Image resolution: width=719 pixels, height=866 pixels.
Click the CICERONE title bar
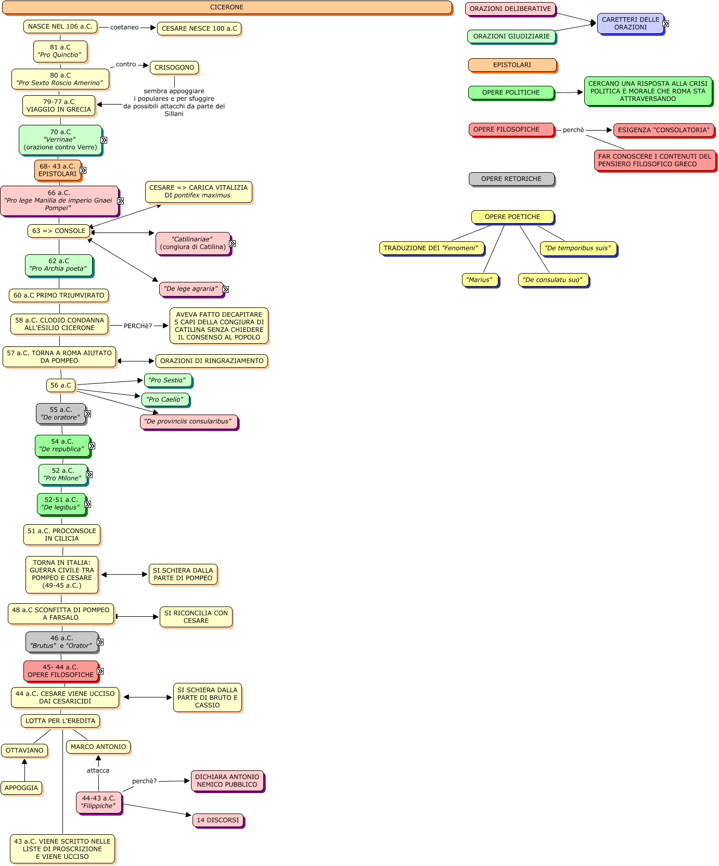(227, 7)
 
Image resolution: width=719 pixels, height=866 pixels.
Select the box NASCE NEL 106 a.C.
(60, 27)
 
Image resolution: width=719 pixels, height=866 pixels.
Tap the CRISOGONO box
(174, 68)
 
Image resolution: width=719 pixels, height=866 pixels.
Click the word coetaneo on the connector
(124, 28)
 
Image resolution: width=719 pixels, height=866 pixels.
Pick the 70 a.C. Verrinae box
(60, 140)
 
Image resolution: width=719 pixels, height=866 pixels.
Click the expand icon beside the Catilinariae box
(233, 243)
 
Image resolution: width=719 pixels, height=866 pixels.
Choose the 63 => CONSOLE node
(59, 231)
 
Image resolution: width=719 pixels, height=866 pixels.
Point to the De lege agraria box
(191, 289)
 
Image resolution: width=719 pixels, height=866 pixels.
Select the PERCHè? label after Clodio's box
(138, 326)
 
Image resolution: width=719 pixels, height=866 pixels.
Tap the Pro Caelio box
(165, 399)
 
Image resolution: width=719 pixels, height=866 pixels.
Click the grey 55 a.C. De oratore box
(60, 413)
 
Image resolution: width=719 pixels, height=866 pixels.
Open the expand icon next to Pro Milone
(89, 474)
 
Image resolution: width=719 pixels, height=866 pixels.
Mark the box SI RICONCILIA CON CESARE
(196, 617)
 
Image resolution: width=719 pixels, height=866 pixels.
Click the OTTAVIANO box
(24, 751)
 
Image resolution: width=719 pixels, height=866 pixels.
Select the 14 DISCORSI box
(218, 820)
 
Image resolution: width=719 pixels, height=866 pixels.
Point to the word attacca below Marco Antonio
(98, 771)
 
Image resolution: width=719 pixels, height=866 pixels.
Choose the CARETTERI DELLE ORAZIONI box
(631, 23)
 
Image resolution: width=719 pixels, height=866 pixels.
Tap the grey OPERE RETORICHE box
(511, 179)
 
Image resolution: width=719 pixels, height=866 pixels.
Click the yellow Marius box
(479, 280)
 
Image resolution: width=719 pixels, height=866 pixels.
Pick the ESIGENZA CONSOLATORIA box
(664, 130)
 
